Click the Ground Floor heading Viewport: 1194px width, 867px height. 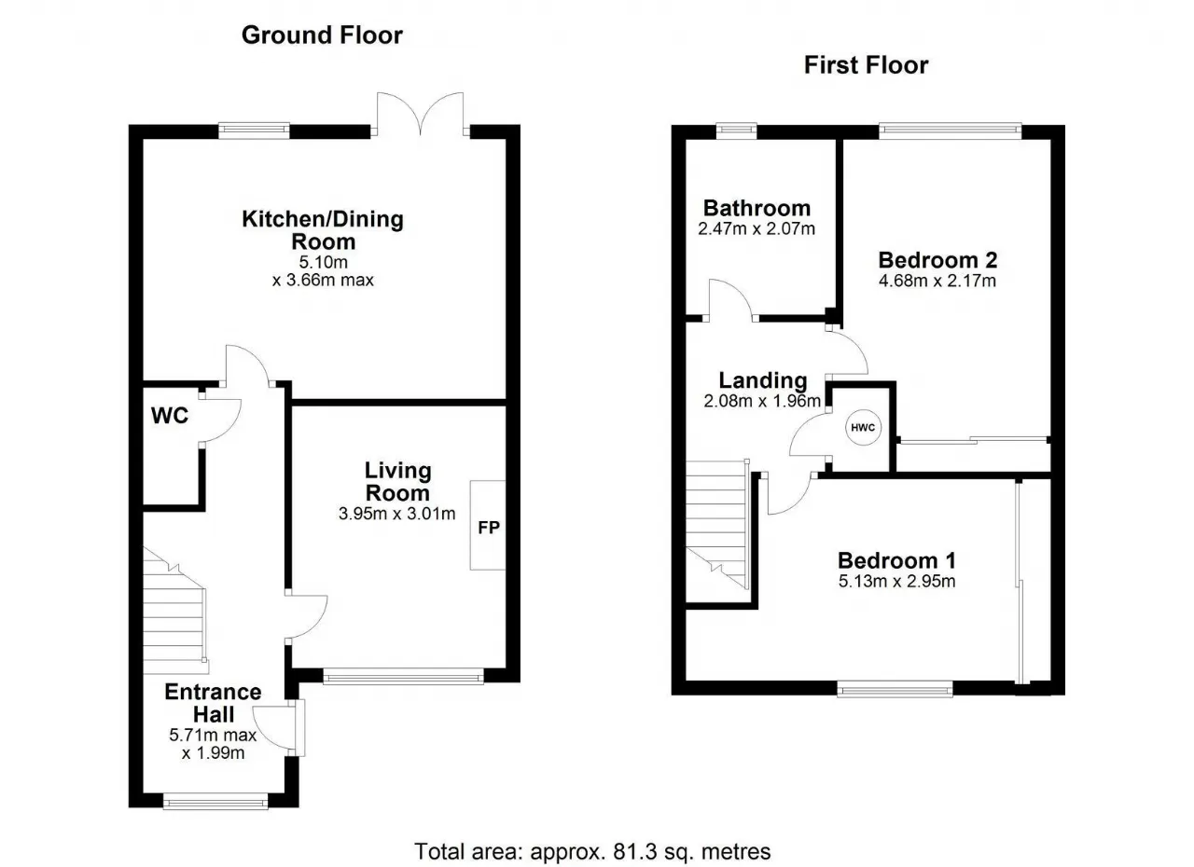[x=322, y=35]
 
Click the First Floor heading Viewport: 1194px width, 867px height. [x=867, y=65]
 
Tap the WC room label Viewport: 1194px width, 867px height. [x=170, y=416]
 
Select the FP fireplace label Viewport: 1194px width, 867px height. [x=489, y=528]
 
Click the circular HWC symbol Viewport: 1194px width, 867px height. [x=863, y=427]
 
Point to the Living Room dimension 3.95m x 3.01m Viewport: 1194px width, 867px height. [x=397, y=514]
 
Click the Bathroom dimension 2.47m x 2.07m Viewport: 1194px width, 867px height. [x=757, y=229]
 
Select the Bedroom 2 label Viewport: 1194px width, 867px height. [x=937, y=260]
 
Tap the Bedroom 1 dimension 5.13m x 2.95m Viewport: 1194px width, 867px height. [x=897, y=581]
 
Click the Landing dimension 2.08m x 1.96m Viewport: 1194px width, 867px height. [x=762, y=401]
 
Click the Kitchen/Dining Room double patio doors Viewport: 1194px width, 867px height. [x=421, y=114]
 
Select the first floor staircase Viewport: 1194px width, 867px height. [x=717, y=525]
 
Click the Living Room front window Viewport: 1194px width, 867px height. [x=404, y=678]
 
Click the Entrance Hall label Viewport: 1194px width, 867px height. [x=214, y=703]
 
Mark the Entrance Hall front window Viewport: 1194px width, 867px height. [x=215, y=801]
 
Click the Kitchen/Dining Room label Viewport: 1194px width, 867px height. [x=323, y=230]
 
